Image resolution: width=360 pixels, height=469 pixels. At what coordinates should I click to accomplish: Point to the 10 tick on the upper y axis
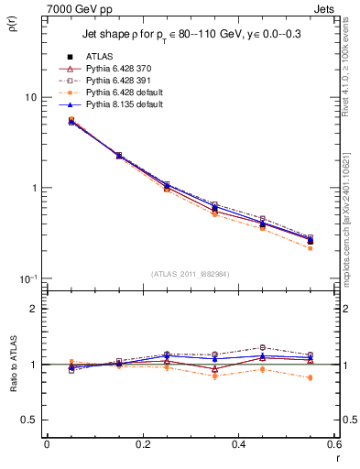30,97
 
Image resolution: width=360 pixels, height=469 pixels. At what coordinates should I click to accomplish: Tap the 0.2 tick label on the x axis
142,444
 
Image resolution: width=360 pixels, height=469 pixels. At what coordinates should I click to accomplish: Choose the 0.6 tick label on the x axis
334,444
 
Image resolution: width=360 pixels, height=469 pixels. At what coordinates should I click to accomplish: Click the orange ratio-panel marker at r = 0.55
311,377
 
